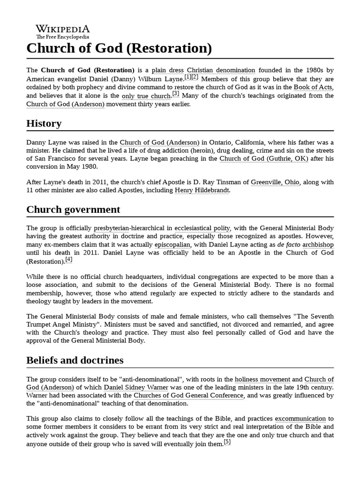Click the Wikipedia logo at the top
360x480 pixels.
tap(63, 31)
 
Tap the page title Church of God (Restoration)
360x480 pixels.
tap(119, 48)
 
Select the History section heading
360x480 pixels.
tap(44, 124)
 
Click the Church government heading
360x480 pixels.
tap(73, 209)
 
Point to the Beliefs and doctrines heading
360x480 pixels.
tap(75, 360)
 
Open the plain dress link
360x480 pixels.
tap(169, 70)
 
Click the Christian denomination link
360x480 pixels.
tap(221, 70)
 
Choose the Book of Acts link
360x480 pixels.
tap(314, 87)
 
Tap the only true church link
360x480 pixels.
tap(146, 96)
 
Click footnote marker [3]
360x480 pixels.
tap(176, 94)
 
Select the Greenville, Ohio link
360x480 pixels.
tap(275, 182)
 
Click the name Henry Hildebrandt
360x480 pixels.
tap(203, 190)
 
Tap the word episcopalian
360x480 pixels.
tap(172, 245)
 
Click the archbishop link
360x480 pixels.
tap(318, 245)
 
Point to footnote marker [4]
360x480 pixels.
tap(69, 260)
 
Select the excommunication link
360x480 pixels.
tap(300, 419)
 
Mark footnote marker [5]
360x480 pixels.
tap(227, 442)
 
